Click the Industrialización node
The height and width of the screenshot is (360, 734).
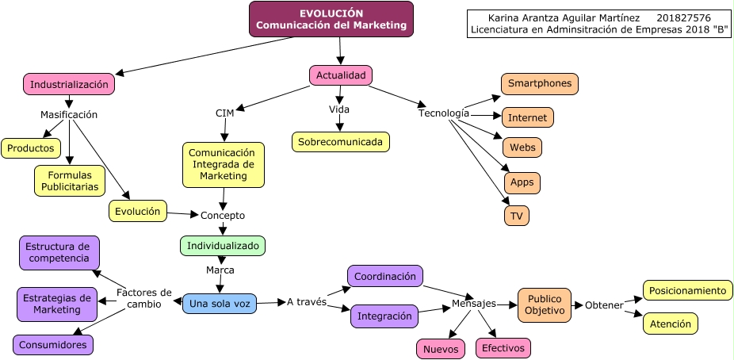point(69,83)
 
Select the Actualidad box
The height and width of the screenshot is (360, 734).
point(341,75)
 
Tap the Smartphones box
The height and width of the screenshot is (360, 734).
point(540,83)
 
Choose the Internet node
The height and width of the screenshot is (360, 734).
point(527,117)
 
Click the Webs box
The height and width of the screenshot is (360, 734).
point(522,147)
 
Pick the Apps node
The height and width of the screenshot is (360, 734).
point(522,182)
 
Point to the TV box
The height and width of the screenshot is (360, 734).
point(516,215)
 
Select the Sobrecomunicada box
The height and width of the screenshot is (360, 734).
point(341,142)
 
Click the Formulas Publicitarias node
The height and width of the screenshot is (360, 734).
point(70,181)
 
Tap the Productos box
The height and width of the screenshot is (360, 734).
point(32,147)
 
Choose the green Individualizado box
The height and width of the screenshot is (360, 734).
point(223,246)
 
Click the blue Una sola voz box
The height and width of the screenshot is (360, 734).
point(220,304)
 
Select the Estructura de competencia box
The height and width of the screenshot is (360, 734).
point(59,252)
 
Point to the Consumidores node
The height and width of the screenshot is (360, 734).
point(53,344)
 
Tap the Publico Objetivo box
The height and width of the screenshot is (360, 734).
point(545,304)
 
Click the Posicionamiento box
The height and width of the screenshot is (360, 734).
point(687,290)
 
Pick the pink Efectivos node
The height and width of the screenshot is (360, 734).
point(503,347)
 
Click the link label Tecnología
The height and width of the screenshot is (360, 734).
point(444,113)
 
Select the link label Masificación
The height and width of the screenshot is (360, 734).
point(69,114)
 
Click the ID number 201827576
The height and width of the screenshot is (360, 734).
point(683,17)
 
